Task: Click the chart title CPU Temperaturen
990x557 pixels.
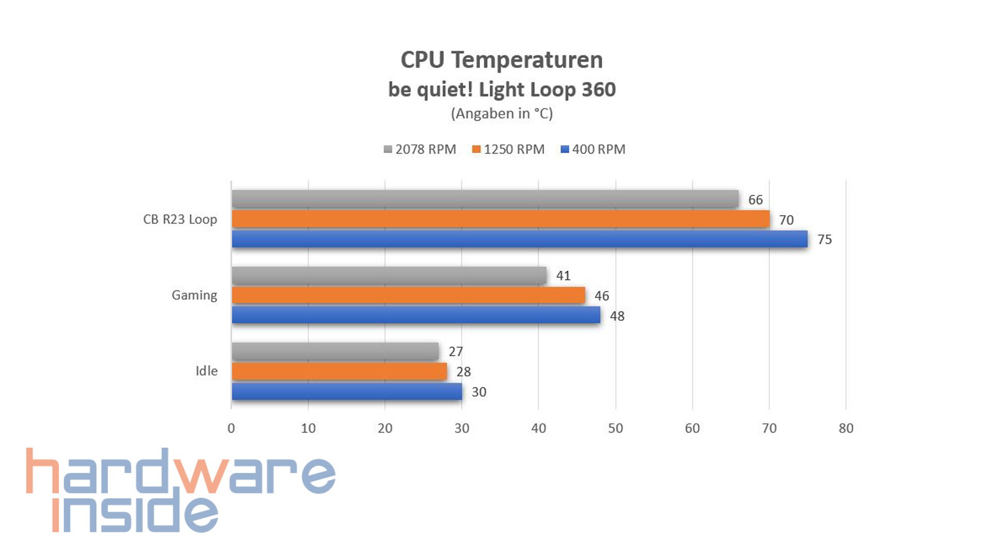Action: click(x=501, y=60)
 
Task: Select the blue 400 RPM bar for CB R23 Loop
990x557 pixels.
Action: click(x=519, y=239)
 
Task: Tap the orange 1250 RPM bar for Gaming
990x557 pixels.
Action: click(x=408, y=296)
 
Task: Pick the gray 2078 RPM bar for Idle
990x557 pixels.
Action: click(x=335, y=352)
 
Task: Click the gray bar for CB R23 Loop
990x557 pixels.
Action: click(x=485, y=199)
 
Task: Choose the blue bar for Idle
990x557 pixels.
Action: click(x=346, y=391)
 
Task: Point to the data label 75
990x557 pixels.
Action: click(x=824, y=240)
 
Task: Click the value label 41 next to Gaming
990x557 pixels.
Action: click(x=563, y=276)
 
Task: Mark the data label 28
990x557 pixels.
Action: click(x=463, y=372)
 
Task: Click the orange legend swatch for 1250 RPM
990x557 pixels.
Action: click(x=476, y=150)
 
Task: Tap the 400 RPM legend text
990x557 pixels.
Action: click(x=598, y=150)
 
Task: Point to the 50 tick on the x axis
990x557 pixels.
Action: click(x=615, y=429)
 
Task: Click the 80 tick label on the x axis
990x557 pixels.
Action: click(x=846, y=429)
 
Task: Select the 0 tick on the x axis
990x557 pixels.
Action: click(x=231, y=429)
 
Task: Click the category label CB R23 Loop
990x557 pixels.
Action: click(x=180, y=220)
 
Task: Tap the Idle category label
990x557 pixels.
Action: click(x=206, y=371)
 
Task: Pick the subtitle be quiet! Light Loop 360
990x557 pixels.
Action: click(x=501, y=90)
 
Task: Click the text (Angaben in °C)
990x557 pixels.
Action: click(x=501, y=114)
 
